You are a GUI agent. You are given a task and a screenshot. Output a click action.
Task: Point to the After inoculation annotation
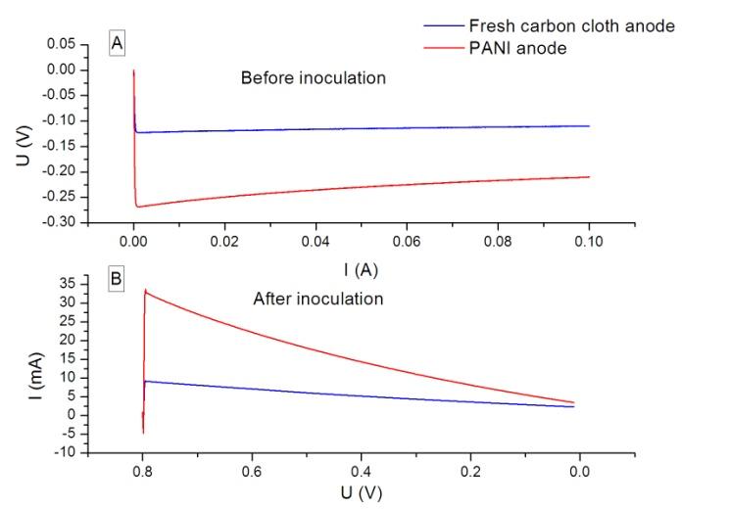pyautogui.click(x=317, y=299)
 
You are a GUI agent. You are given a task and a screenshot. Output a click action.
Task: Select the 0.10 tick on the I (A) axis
pyautogui.click(x=589, y=240)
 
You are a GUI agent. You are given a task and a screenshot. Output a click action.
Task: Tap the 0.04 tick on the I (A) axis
pyautogui.click(x=316, y=240)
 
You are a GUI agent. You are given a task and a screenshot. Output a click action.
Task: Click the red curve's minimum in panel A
pyautogui.click(x=138, y=207)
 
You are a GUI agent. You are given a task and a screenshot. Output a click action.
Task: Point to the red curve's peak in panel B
pyautogui.click(x=145, y=289)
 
